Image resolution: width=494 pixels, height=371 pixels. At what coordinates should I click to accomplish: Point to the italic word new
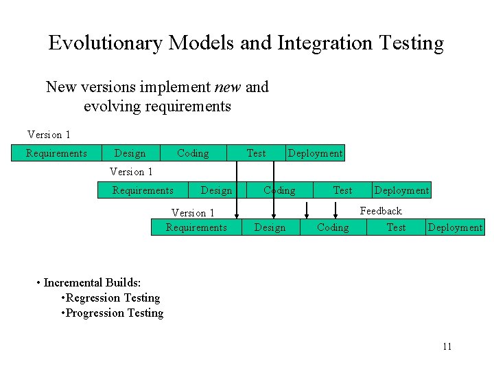pos(227,87)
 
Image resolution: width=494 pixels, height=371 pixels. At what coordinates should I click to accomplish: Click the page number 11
pos(447,346)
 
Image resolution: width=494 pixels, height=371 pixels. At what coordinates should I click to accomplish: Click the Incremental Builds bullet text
pos(92,282)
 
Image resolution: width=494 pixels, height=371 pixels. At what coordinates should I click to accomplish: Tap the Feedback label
pos(381,211)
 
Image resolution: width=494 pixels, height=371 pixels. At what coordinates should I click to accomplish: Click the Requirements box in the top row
pos(56,153)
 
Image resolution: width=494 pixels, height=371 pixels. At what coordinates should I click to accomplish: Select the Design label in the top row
pos(130,153)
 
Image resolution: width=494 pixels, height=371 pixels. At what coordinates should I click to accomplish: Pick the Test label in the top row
pos(256,153)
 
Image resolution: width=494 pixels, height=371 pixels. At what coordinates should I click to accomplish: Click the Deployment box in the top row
pos(315,153)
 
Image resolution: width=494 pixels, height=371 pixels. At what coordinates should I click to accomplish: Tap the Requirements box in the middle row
pos(143,190)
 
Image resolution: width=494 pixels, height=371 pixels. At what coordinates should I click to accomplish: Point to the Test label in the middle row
pos(342,190)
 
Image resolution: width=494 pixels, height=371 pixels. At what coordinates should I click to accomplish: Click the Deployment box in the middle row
pos(401,190)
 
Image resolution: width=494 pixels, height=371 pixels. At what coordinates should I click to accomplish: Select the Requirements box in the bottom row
pos(196,227)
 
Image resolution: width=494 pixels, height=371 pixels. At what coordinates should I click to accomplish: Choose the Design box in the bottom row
pos(270,227)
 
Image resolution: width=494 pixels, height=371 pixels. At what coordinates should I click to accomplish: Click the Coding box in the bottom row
pos(333,227)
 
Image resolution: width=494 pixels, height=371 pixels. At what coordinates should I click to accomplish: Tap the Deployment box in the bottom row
pos(455,227)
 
